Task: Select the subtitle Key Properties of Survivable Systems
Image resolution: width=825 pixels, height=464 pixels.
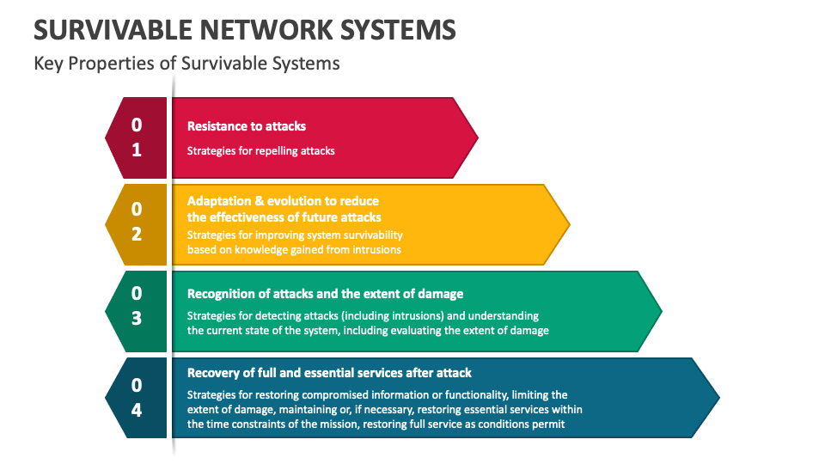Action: click(186, 64)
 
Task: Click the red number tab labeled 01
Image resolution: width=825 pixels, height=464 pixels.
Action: click(137, 137)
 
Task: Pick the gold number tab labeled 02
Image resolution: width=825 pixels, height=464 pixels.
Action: click(137, 222)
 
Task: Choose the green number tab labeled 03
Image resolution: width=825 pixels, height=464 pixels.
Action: click(137, 307)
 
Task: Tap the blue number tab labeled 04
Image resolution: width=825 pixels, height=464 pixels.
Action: click(137, 397)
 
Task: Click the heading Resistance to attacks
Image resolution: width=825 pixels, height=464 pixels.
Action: click(247, 125)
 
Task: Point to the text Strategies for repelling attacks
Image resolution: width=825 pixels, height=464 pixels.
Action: click(261, 150)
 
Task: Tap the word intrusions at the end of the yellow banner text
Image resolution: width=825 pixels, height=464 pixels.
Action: click(374, 250)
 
